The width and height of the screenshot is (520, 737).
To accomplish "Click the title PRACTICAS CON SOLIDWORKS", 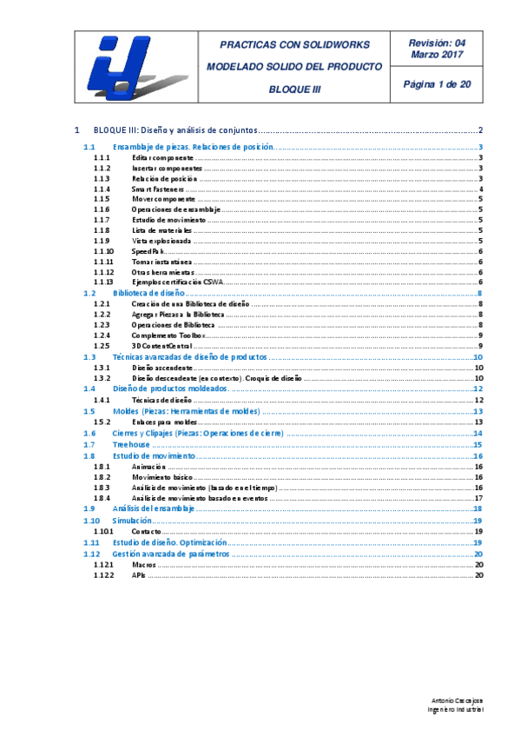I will click(293, 44).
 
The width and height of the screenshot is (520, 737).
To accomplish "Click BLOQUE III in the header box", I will click(293, 89).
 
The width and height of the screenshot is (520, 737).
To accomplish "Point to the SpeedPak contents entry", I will click(148, 251).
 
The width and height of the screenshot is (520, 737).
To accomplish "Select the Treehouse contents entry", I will click(127, 445).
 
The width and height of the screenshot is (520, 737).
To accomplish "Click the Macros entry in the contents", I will click(144, 564).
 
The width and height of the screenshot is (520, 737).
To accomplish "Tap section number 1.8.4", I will click(102, 498).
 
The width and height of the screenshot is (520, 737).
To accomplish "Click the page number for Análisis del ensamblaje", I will click(477, 508).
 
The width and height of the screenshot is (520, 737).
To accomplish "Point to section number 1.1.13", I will click(103, 282).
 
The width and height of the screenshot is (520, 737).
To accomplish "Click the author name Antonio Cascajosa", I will click(457, 700).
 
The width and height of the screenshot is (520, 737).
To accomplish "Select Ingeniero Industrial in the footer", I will click(457, 709).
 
